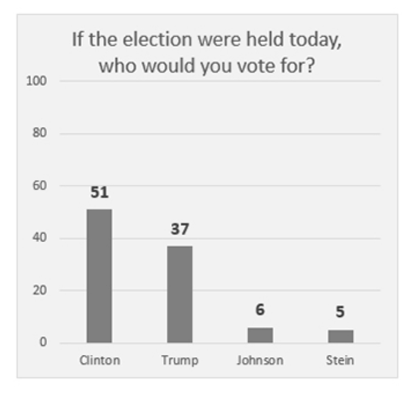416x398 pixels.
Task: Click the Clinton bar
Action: [x=99, y=276]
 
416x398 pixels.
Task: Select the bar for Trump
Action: [x=180, y=294]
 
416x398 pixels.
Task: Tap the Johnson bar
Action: [x=260, y=335]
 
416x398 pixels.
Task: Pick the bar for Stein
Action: [x=341, y=336]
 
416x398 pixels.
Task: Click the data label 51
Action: [x=99, y=193]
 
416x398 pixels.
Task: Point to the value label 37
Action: [x=180, y=229]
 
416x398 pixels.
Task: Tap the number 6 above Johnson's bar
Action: [x=260, y=310]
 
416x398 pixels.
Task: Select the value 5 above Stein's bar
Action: [x=340, y=312]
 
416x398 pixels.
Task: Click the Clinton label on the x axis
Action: [x=99, y=361]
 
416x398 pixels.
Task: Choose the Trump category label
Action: [x=180, y=361]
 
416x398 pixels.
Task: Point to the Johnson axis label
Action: [x=260, y=361]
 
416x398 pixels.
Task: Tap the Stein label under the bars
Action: [x=340, y=361]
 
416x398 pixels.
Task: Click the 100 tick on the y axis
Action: [x=36, y=81]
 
